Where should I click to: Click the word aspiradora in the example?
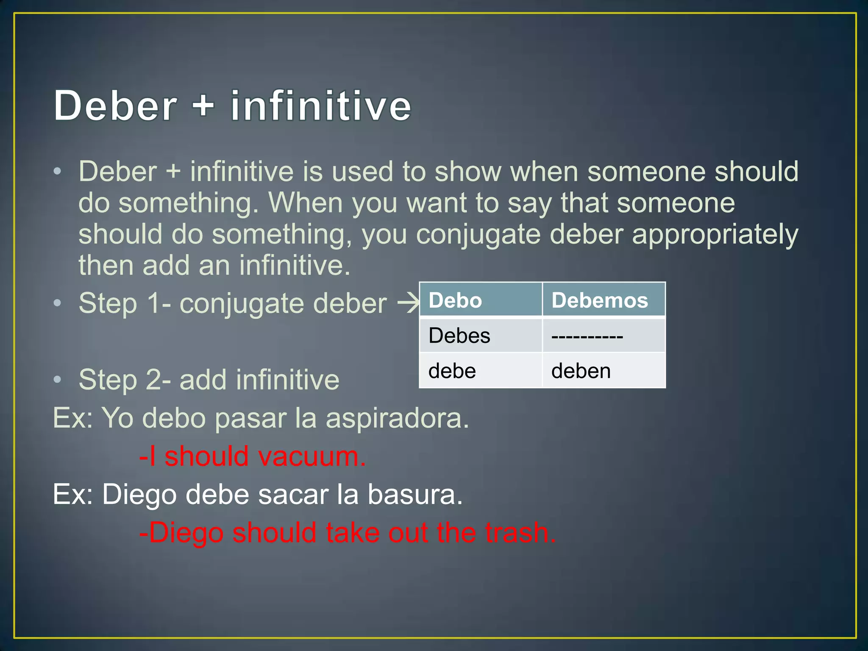click(397, 418)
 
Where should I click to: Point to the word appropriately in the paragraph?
click(715, 234)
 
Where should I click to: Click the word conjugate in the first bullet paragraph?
click(479, 234)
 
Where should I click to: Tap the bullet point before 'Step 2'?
click(58, 379)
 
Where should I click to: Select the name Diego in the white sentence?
click(139, 495)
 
